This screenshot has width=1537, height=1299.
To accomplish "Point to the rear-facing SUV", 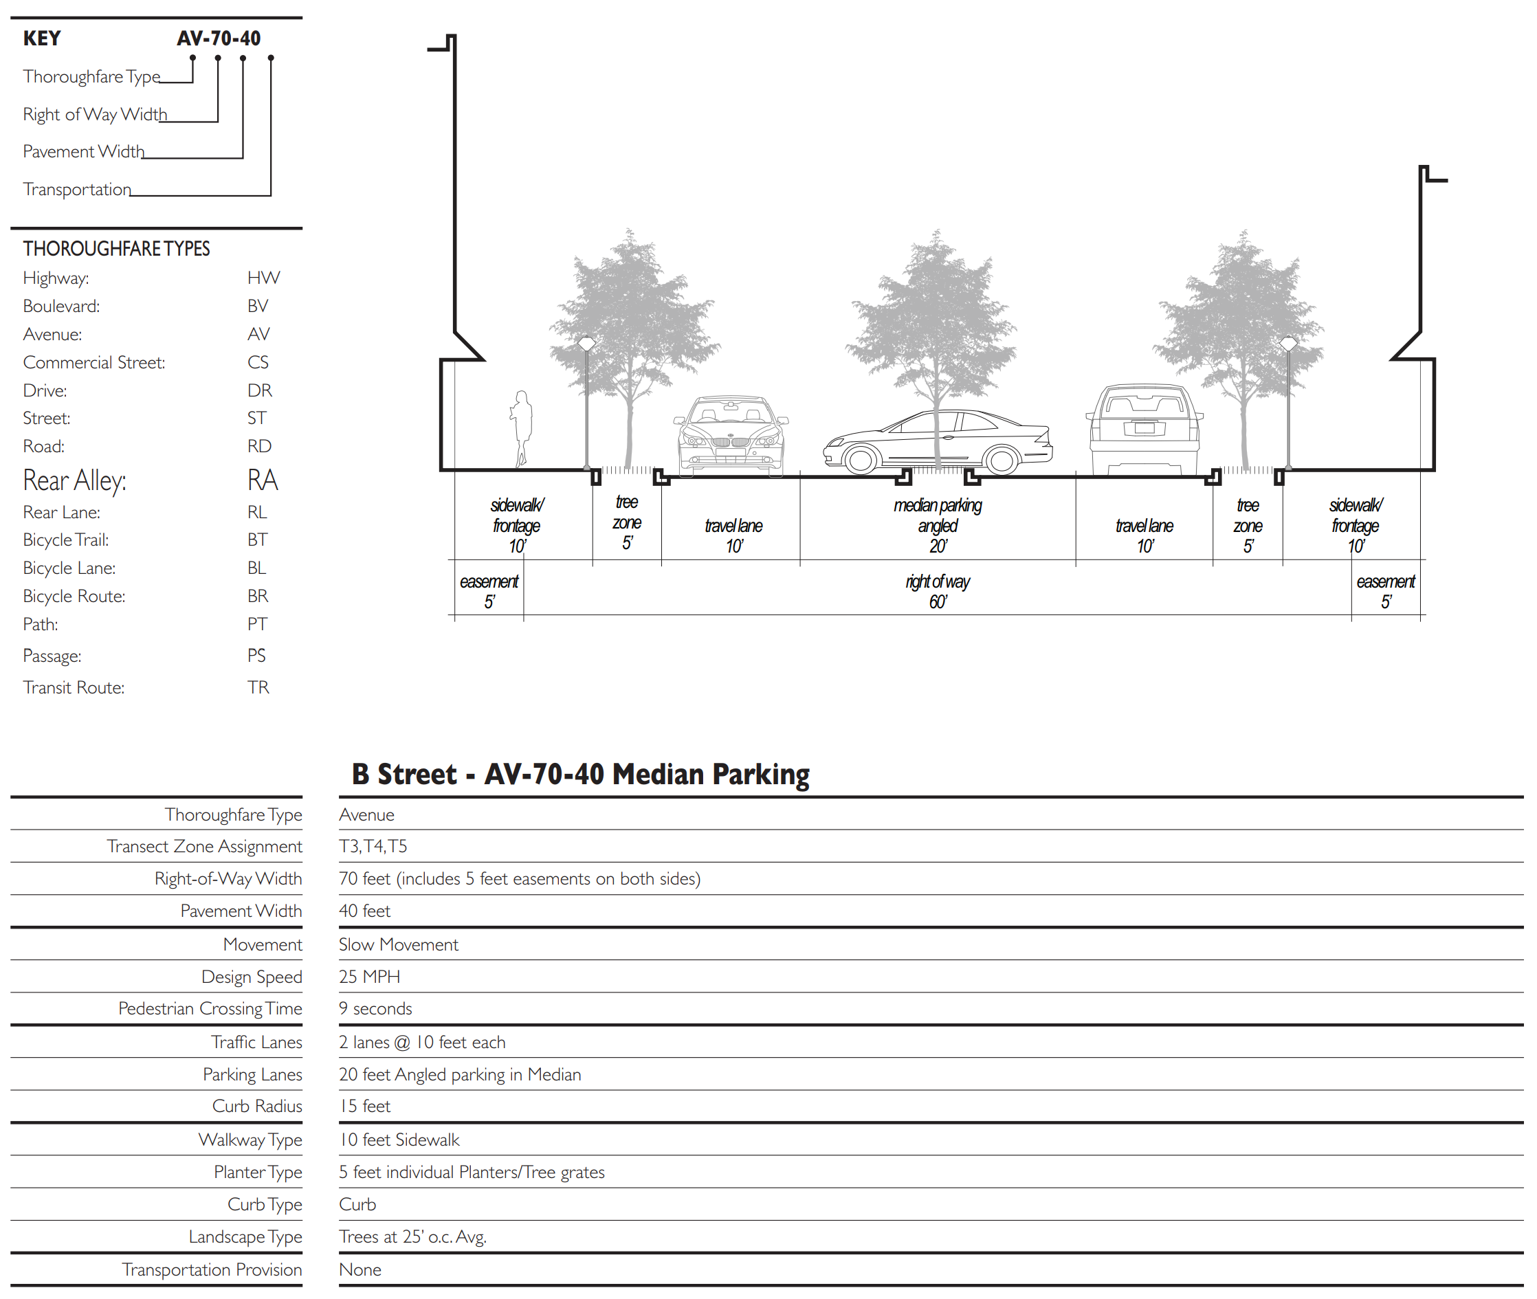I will pyautogui.click(x=1144, y=430).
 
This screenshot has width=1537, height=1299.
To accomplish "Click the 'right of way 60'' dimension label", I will pyautogui.click(x=938, y=591).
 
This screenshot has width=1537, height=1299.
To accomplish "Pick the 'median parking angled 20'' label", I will pyautogui.click(x=938, y=525).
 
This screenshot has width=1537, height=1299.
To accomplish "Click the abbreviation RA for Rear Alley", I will pyautogui.click(x=262, y=480).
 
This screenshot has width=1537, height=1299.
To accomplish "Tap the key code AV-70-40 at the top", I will pyautogui.click(x=218, y=38).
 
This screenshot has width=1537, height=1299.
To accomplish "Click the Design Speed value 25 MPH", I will pyautogui.click(x=369, y=977).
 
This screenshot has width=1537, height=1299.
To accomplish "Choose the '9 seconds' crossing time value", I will pyautogui.click(x=375, y=1008).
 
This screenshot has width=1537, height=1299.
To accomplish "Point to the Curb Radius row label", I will pyautogui.click(x=257, y=1106).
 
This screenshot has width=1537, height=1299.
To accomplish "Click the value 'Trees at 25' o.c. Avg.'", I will pyautogui.click(x=412, y=1236).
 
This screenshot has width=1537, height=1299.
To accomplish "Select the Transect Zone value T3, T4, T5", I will pyautogui.click(x=373, y=846).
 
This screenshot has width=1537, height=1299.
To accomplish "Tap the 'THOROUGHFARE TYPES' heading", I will pyautogui.click(x=116, y=249).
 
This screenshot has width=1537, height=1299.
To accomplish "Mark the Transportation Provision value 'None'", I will pyautogui.click(x=360, y=1269).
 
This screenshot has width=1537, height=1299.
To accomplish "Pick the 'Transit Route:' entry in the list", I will pyautogui.click(x=74, y=687).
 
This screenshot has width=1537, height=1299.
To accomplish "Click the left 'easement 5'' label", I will pyautogui.click(x=489, y=591).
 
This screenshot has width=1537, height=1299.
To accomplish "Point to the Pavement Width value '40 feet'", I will pyautogui.click(x=364, y=911).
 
